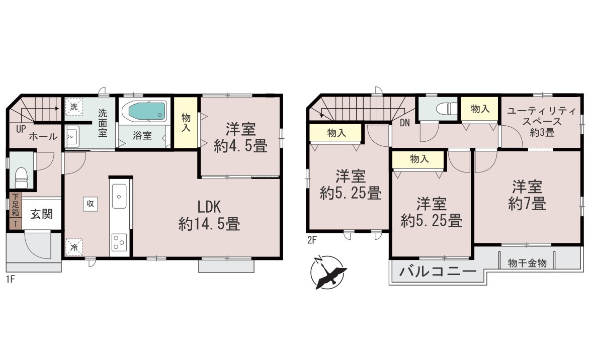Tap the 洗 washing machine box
(74, 107)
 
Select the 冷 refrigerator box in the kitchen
(74, 247)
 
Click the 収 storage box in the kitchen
(90, 204)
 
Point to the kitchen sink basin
(119, 196)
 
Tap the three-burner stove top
(119, 242)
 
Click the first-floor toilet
(22, 177)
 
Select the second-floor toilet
(447, 109)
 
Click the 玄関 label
(41, 214)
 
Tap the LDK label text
(209, 207)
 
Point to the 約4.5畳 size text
(241, 146)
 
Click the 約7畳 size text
(527, 204)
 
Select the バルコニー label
(438, 271)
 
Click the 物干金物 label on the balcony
(527, 263)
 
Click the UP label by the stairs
(21, 129)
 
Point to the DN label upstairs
(404, 123)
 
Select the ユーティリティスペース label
(542, 116)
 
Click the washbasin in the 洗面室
(72, 137)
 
